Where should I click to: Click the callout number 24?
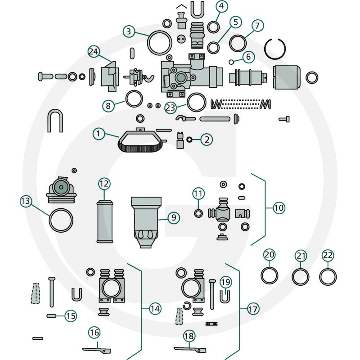tap(94, 52)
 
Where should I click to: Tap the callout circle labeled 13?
tap(26, 201)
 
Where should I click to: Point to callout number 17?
tap(253, 309)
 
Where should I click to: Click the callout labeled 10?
tap(279, 207)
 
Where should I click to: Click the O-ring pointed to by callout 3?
tap(159, 43)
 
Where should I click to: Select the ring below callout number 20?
tap(270, 275)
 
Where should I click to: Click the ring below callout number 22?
tap(328, 277)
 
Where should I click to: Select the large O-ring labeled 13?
tap(61, 220)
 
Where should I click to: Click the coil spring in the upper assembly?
tap(241, 104)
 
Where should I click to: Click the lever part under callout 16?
tap(96, 349)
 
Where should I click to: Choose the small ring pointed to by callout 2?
tap(190, 139)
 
